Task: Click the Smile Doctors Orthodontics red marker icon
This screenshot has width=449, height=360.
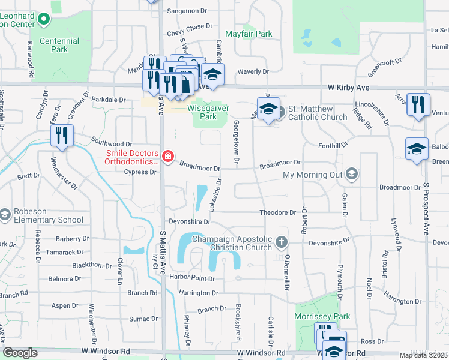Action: [x=169, y=157]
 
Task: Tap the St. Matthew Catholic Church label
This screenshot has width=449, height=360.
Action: [x=318, y=113]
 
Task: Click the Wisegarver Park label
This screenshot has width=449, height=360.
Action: [x=202, y=112]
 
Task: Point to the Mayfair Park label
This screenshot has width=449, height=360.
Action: [x=249, y=34]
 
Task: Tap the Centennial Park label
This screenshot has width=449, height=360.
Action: [x=59, y=45]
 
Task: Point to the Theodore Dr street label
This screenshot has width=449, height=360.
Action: [x=277, y=212]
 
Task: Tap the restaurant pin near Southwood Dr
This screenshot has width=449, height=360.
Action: [x=61, y=135]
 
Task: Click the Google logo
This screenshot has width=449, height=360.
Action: [x=20, y=353]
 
